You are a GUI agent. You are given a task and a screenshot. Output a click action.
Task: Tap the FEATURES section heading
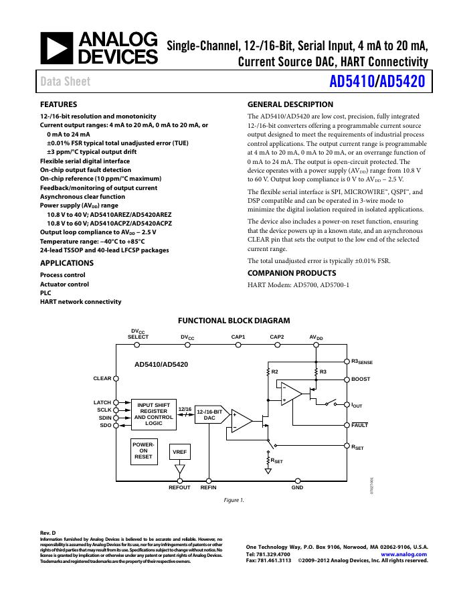pos(59,105)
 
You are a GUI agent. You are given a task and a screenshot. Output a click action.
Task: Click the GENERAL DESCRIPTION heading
pos(290,105)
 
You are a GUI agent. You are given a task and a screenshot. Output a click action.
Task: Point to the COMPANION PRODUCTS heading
pos(292,273)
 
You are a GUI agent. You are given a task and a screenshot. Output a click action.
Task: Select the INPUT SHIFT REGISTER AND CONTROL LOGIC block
pos(154,414)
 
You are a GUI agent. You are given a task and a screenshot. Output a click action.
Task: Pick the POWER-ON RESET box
pos(144,450)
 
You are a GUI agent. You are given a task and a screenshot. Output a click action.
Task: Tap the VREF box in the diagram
pos(180,452)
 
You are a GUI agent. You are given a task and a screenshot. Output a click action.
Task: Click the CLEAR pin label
pos(102,379)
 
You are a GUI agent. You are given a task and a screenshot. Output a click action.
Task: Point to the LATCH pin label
pos(102,402)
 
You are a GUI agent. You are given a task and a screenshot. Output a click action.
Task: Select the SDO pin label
pos(105,425)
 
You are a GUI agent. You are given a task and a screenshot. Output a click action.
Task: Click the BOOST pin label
pos(361,380)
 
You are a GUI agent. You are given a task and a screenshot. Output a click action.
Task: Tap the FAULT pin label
pos(360,425)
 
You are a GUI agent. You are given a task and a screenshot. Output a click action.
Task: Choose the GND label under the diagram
pos(297,488)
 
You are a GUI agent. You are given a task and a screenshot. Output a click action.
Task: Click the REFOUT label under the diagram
pos(179,488)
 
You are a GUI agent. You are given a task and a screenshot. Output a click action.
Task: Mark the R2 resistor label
pos(274,371)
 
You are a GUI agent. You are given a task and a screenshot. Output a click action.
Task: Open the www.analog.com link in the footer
pos(403,555)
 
